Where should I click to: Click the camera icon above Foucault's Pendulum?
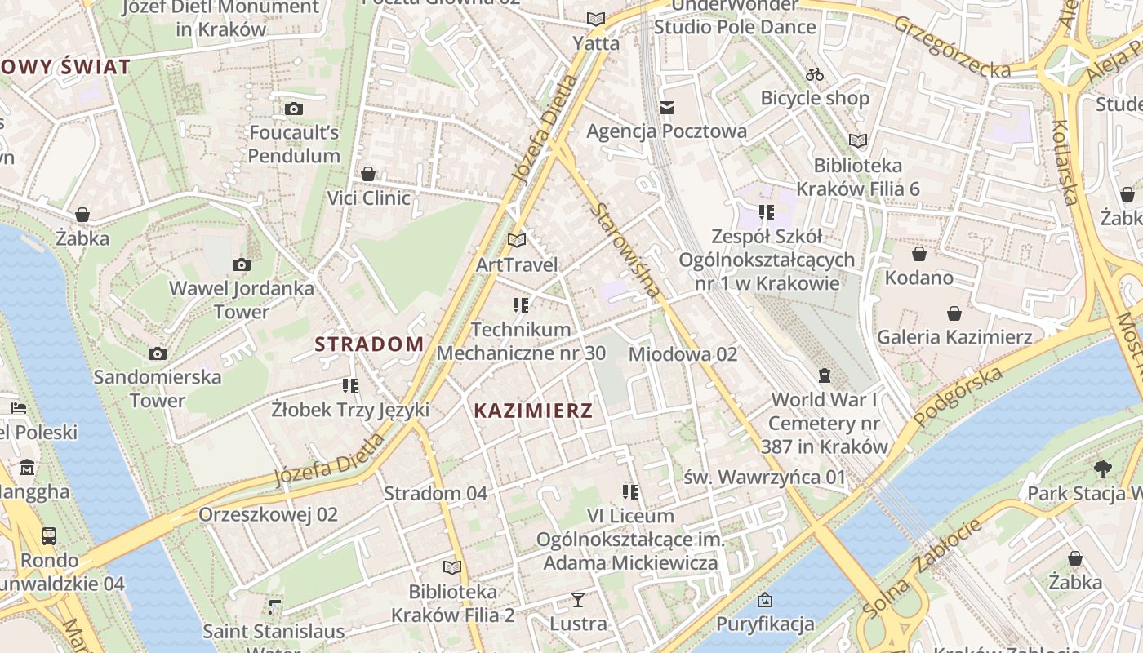[x=294, y=109]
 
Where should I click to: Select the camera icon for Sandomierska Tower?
[x=158, y=353]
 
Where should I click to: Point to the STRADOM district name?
[x=369, y=344]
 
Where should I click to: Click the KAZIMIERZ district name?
[x=533, y=411]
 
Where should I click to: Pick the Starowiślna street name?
[x=625, y=250]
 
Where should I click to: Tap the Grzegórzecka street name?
[x=952, y=47]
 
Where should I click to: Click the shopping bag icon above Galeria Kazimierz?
[x=954, y=313]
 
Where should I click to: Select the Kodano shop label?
[x=919, y=278]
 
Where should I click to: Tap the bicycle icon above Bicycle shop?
[x=814, y=74]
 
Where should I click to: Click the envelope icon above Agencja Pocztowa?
[x=667, y=107]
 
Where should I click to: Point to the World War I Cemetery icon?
[x=825, y=375]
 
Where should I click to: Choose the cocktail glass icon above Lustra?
[x=578, y=600]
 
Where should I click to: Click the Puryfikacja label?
[x=765, y=624]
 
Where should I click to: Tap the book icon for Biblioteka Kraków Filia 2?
[x=451, y=567]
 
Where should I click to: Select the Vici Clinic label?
[x=368, y=198]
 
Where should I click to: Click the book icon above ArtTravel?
[x=516, y=240]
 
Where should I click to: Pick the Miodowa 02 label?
[x=683, y=354]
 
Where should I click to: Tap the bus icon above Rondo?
[x=49, y=536]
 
